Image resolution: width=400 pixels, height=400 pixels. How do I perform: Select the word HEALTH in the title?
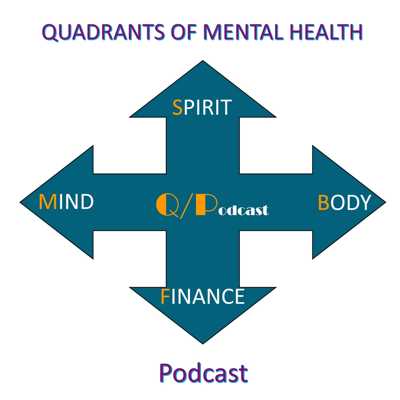point(326,32)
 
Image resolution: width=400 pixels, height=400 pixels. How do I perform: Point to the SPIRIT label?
point(201,107)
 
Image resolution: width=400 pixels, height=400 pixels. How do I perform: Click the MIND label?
point(66,201)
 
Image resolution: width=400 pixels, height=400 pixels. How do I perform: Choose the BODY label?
point(344,202)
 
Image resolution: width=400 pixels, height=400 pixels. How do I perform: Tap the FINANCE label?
point(203,296)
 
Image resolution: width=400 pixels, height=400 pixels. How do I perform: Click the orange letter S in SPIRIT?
point(177,107)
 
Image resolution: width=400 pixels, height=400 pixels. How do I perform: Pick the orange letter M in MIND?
point(48,201)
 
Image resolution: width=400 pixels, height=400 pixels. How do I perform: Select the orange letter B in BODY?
point(323,202)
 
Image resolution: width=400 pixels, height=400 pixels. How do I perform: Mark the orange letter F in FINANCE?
point(164,296)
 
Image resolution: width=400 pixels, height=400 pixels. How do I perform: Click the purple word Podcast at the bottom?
point(203,373)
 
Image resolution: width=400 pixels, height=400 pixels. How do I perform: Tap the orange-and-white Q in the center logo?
point(164,206)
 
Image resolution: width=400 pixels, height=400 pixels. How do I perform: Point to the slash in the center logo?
point(184,206)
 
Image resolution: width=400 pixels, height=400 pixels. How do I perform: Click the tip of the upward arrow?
point(203,61)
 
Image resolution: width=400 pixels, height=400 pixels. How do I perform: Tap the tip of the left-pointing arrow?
point(20,202)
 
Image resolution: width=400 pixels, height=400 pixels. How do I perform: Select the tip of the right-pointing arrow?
point(386,202)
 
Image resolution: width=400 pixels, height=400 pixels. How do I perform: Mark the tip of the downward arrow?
point(203,343)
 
